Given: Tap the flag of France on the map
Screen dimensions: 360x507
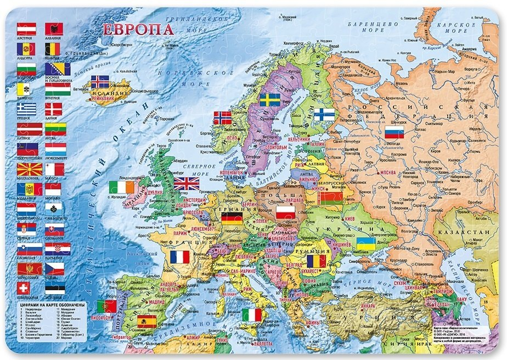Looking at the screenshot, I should (x=179, y=257).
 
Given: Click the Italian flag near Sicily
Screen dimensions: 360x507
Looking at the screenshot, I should (x=252, y=314).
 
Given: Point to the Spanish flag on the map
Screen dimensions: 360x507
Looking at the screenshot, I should (x=147, y=321).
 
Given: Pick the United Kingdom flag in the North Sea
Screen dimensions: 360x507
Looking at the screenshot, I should (x=187, y=183).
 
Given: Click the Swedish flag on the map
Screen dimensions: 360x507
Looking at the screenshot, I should (x=269, y=100).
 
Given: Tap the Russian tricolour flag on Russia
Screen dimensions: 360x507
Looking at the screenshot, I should (x=394, y=132).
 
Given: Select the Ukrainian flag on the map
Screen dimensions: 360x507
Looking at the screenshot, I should (x=366, y=244).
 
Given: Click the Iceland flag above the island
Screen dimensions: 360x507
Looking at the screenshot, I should (x=99, y=82).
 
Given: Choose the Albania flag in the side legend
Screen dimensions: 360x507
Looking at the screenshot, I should (x=54, y=28).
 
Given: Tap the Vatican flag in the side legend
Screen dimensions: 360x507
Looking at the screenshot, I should (x=26, y=88).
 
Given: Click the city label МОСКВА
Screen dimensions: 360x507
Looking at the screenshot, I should (x=387, y=172).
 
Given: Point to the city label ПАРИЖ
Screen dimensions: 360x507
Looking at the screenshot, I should (x=181, y=233).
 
